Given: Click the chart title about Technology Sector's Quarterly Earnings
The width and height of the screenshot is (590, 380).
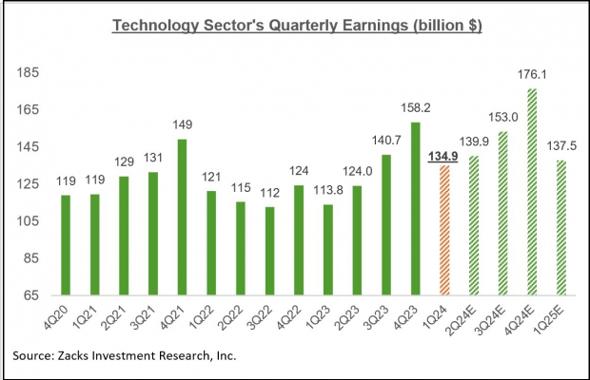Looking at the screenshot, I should (296, 25).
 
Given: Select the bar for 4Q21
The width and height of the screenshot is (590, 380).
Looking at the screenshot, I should (183, 218).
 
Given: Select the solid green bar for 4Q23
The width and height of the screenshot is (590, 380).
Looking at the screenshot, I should (414, 209).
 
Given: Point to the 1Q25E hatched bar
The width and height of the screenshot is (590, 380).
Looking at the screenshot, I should (560, 228).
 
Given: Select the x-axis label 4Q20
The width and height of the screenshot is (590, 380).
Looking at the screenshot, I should (63, 316).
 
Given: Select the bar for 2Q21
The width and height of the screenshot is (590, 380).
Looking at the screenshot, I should (124, 236).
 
